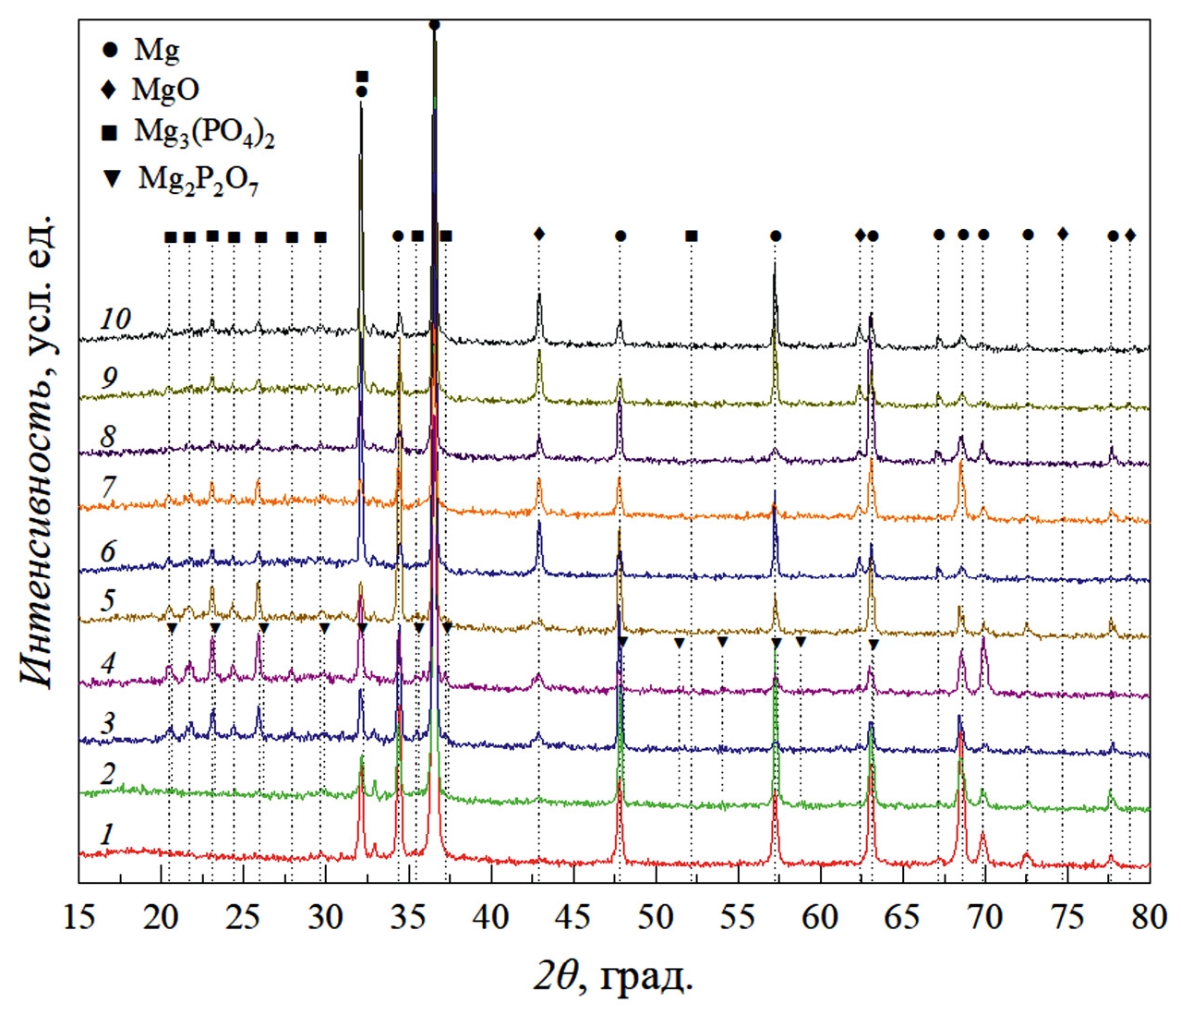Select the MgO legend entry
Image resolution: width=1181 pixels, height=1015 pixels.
click(151, 90)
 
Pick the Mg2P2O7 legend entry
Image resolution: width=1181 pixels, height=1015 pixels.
click(181, 177)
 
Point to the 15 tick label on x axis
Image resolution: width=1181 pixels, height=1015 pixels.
click(79, 917)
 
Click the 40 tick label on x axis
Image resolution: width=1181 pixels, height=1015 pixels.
click(490, 917)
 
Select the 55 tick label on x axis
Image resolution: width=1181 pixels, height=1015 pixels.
click(737, 917)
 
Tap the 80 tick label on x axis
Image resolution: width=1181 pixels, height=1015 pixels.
click(1149, 917)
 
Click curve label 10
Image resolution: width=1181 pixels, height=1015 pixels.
click(114, 320)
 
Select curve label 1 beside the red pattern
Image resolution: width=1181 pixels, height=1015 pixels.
click(107, 834)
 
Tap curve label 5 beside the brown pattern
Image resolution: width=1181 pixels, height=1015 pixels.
click(109, 600)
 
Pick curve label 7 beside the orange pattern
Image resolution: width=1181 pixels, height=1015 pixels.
click(109, 487)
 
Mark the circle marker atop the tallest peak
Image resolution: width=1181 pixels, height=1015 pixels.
click(434, 25)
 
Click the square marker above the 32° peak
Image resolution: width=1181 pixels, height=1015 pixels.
click(362, 77)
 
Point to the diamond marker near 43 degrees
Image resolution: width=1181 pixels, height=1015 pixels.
click(539, 235)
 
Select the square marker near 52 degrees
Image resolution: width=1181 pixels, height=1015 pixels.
click(692, 236)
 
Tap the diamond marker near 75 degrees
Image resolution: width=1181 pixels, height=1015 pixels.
click(1063, 235)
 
